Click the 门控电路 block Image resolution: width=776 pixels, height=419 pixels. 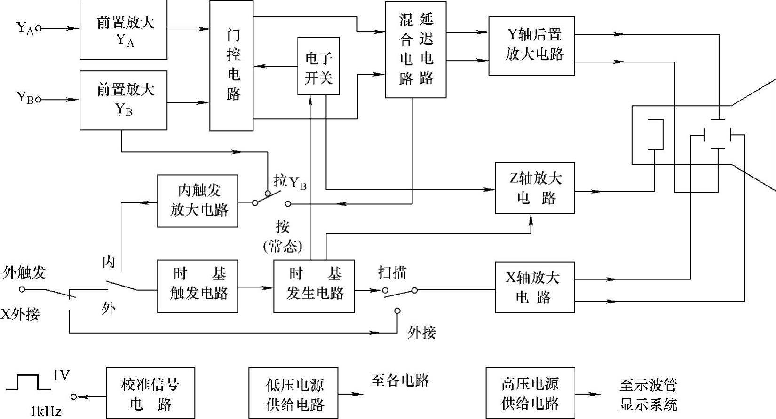coord(231,65)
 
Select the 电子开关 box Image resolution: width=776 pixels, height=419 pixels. coord(318,66)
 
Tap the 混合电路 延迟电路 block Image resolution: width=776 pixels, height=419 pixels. coord(415,50)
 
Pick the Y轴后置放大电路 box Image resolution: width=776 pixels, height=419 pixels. coord(531,46)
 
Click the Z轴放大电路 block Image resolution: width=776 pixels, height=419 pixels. coord(535,188)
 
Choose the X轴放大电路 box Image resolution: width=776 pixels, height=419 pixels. coord(535,287)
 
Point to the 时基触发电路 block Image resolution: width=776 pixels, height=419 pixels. coord(198,286)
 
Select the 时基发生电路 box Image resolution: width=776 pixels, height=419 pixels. coord(314,286)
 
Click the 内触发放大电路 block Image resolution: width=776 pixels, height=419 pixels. coord(198,201)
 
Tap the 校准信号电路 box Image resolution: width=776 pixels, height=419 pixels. coord(150,393)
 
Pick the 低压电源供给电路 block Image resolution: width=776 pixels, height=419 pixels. coord(293,393)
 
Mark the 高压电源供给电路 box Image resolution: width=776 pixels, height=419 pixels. coord(530,393)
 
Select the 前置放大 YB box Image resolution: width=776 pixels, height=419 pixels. coord(124,100)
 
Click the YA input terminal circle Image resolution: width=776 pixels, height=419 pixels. coord(39,28)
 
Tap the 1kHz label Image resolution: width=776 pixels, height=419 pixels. coord(46,412)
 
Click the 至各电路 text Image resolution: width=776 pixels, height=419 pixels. coord(400,380)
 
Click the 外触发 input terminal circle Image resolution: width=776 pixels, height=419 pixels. coord(22,289)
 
